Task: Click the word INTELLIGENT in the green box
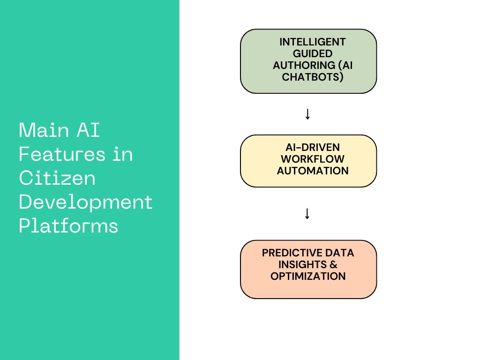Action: tap(313, 42)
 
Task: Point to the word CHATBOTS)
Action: tap(313, 77)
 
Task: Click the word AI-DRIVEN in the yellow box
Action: tap(313, 147)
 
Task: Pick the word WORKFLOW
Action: tap(313, 159)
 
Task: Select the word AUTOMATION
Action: tap(313, 171)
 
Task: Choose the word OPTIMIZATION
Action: tap(308, 276)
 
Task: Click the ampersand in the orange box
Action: tap(334, 264)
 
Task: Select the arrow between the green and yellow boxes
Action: tap(307, 114)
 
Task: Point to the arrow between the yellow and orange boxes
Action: tap(307, 214)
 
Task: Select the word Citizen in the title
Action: tap(57, 178)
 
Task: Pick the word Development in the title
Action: tap(86, 202)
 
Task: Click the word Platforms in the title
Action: tap(68, 226)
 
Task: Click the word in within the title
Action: tap(122, 154)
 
